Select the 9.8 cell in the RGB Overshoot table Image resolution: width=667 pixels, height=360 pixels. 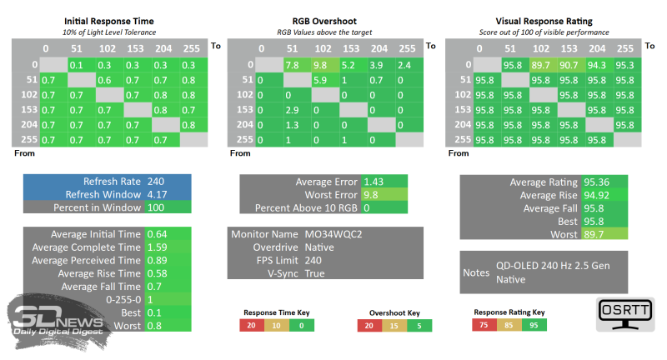321,65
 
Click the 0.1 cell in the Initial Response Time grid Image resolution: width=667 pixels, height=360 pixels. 76,65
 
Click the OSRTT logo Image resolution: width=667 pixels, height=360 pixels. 625,313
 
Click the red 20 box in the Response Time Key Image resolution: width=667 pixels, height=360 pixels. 250,326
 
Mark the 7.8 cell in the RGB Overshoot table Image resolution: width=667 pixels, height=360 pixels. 293,65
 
